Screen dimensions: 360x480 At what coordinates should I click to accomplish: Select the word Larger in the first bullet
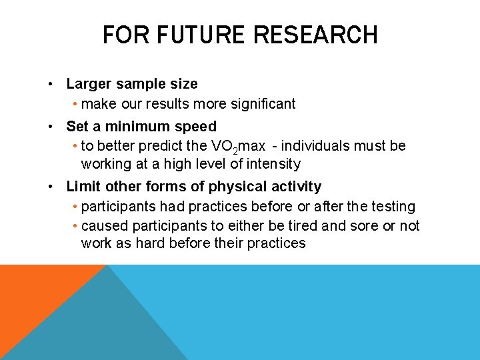coord(89,84)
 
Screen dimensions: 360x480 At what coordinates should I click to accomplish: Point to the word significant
coord(260,103)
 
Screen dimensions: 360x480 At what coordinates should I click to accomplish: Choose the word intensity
coord(271,163)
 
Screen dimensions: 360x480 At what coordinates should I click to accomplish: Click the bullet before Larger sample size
coord(51,85)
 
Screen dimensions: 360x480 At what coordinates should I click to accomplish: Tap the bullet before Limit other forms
coord(51,187)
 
